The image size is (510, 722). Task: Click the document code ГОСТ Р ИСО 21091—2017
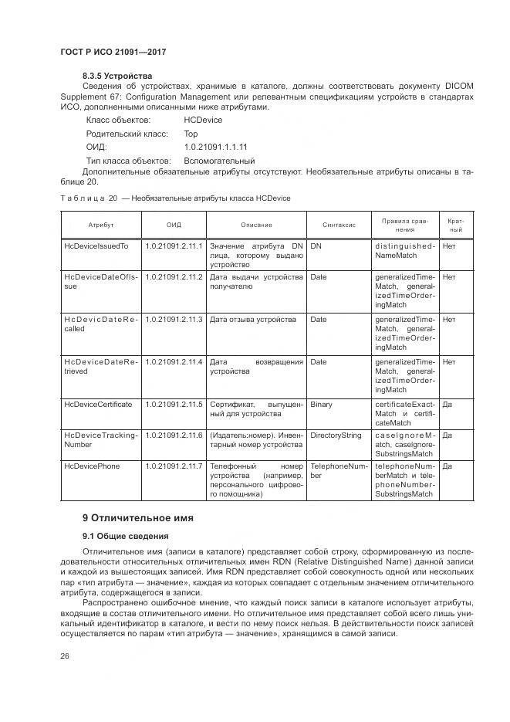(113, 50)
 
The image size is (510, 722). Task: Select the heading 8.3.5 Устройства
(117, 76)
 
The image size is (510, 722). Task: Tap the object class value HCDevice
(203, 120)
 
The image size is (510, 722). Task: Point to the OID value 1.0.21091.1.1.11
(215, 146)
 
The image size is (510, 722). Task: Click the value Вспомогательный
(218, 159)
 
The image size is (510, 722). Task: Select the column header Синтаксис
(339, 225)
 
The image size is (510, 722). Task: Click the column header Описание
(256, 225)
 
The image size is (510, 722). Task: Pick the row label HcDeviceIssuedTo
(96, 246)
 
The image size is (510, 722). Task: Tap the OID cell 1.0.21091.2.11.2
(174, 276)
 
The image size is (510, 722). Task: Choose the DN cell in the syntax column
(316, 246)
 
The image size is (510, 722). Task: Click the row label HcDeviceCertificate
(98, 404)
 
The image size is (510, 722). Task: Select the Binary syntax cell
(321, 404)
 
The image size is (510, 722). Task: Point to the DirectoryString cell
(336, 436)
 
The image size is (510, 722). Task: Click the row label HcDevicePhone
(92, 466)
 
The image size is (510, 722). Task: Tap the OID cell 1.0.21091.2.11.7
(174, 466)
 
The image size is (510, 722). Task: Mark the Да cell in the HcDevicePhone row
(447, 466)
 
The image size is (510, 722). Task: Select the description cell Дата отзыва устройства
(252, 319)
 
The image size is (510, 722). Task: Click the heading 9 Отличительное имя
(138, 517)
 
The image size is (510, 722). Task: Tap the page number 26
(65, 656)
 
